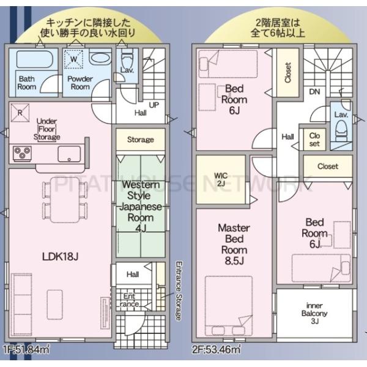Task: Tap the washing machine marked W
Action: (73, 59)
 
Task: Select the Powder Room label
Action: (79, 83)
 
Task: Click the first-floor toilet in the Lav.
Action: (126, 64)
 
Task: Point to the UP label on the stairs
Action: (154, 105)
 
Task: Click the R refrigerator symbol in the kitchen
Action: (20, 113)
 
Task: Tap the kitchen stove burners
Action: (21, 153)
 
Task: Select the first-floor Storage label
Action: (140, 140)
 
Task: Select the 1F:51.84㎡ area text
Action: (27, 349)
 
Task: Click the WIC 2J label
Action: (221, 179)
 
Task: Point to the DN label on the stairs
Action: (314, 92)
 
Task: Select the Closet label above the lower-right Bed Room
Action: (328, 166)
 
